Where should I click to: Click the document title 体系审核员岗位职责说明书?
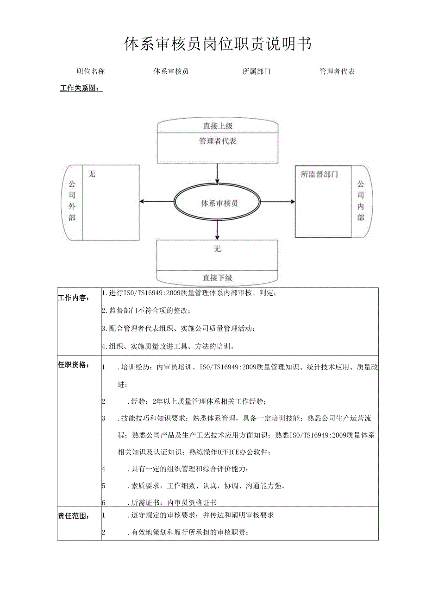[x=218, y=44]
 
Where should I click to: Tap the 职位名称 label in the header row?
[x=91, y=71]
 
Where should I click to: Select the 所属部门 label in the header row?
[x=257, y=71]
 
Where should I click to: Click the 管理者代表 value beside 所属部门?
[x=337, y=71]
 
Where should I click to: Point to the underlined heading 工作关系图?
[x=81, y=89]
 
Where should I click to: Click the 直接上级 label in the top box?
[x=218, y=126]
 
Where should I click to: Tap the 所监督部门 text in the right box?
[x=319, y=175]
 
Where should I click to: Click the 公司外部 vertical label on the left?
[x=72, y=200]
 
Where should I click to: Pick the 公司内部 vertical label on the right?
[x=361, y=201]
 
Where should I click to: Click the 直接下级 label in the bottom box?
[x=218, y=278]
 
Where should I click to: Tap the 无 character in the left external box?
[x=92, y=174]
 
